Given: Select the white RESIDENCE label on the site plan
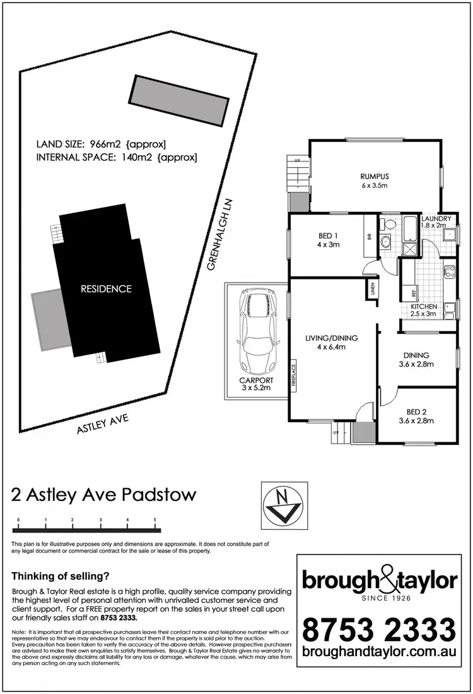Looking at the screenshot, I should tap(106, 289).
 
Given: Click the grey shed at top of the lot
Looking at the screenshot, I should tap(180, 100).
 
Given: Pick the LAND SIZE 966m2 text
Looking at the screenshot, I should tap(102, 144).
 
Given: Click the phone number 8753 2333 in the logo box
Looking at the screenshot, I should tap(378, 630).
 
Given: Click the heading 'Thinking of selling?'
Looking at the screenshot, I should tap(61, 575).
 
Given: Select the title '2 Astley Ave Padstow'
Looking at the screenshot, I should tap(104, 494).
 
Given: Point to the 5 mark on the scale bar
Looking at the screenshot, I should tap(155, 520).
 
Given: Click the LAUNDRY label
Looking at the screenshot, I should tap(436, 219).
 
